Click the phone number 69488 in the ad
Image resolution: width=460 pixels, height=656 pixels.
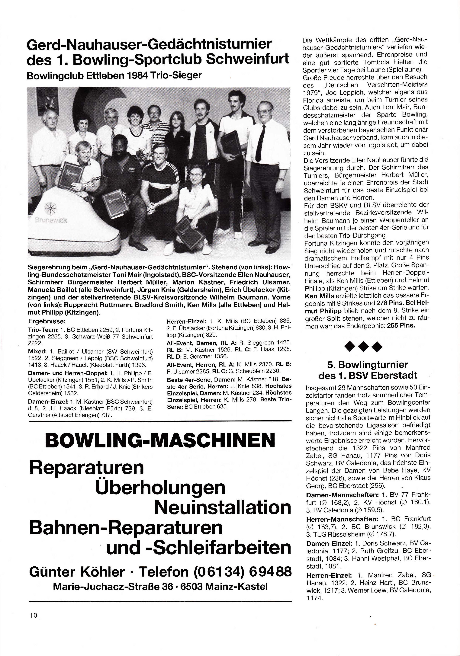click(x=271, y=571)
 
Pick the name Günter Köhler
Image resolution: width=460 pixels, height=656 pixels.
click(x=77, y=571)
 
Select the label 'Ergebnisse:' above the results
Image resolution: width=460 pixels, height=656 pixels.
click(x=47, y=321)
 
